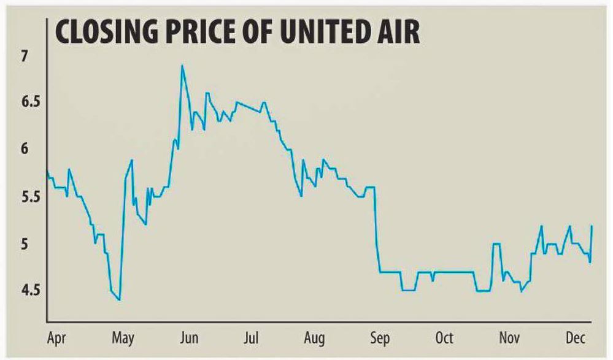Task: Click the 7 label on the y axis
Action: pyautogui.click(x=25, y=57)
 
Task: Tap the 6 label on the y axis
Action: pyautogui.click(x=25, y=150)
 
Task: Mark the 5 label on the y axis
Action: pyautogui.click(x=25, y=244)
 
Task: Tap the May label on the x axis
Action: pyautogui.click(x=124, y=339)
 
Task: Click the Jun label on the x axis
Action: pyautogui.click(x=188, y=339)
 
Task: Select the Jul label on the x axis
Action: pyautogui.click(x=253, y=339)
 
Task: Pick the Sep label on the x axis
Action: pyautogui.click(x=380, y=339)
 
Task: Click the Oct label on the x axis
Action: pyautogui.click(x=444, y=339)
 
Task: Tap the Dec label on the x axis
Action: pyautogui.click(x=575, y=339)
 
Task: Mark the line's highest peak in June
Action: pyautogui.click(x=182, y=65)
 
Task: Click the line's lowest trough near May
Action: pyautogui.click(x=120, y=299)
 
